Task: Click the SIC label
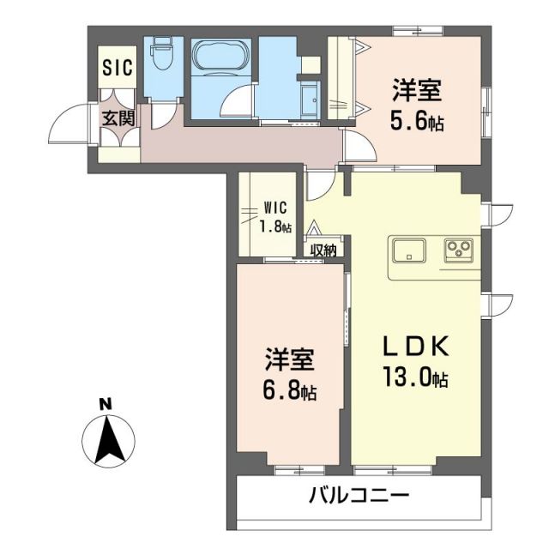pyautogui.click(x=118, y=68)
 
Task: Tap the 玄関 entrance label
pyautogui.click(x=118, y=118)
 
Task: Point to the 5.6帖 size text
pyautogui.click(x=417, y=122)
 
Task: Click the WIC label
pyautogui.click(x=275, y=207)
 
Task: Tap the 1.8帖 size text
pyautogui.click(x=275, y=227)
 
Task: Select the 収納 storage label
pyautogui.click(x=323, y=250)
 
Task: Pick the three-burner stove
pyautogui.click(x=458, y=250)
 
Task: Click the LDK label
pyautogui.click(x=416, y=348)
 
